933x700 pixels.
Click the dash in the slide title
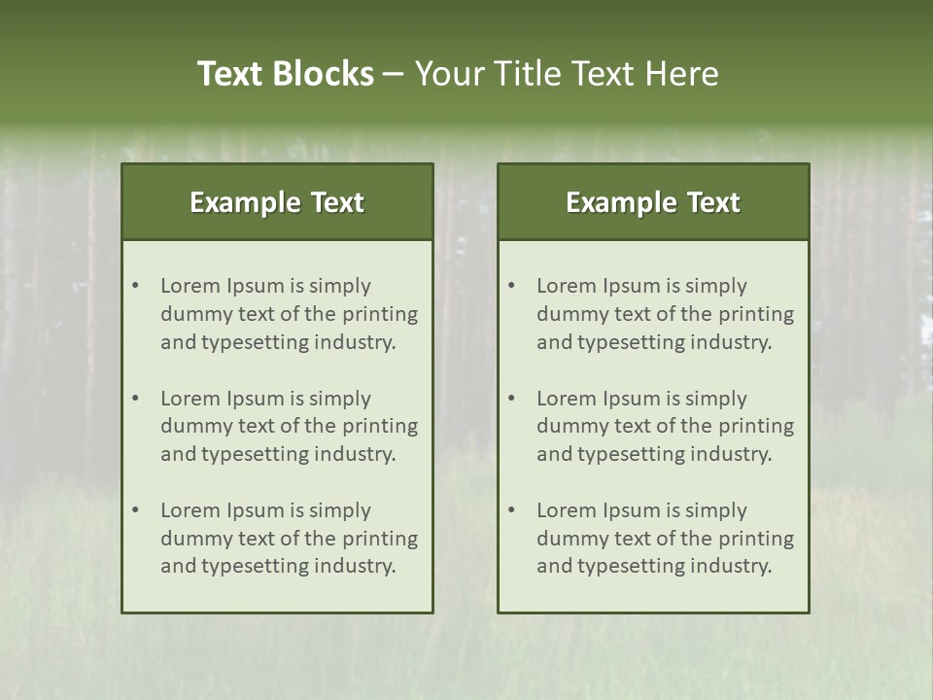coord(394,74)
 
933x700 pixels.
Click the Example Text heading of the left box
coord(277,202)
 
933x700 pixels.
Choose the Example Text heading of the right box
coord(653,202)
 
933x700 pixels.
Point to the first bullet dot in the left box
coord(136,286)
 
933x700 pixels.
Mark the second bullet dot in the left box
coord(136,399)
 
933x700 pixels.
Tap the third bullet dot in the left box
coord(136,510)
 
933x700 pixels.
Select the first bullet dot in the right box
coord(512,286)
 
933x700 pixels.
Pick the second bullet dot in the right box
coord(512,399)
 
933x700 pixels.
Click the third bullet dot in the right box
coord(512,510)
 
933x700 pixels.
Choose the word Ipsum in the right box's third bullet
coord(632,510)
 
